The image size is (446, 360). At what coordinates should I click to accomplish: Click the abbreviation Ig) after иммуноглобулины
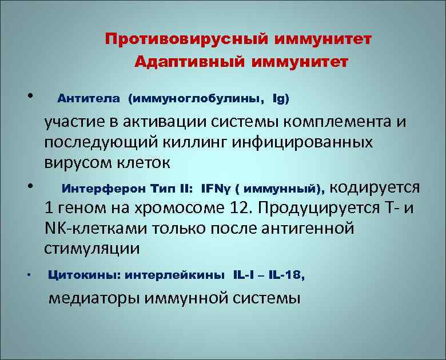coord(281,99)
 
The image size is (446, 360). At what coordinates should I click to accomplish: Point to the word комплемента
coord(346,122)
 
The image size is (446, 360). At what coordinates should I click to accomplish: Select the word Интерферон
coord(97,188)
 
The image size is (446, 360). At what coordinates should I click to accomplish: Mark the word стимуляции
coord(91,249)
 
